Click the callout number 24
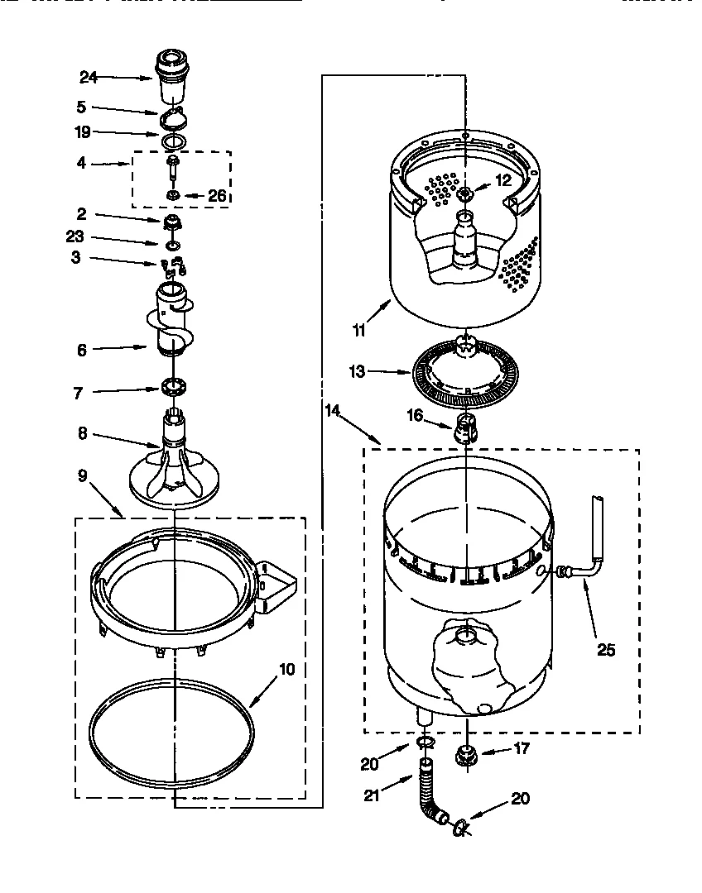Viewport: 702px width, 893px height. pyautogui.click(x=89, y=77)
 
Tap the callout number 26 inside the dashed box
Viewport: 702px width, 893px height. pyautogui.click(x=217, y=196)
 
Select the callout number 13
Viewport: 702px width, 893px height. pyautogui.click(x=357, y=372)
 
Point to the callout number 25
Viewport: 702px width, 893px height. pyautogui.click(x=606, y=650)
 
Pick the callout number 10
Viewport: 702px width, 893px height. pyautogui.click(x=286, y=669)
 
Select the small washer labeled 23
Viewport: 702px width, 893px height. pyautogui.click(x=172, y=246)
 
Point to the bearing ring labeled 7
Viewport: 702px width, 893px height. pyautogui.click(x=173, y=385)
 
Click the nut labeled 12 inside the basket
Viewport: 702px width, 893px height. pyautogui.click(x=465, y=194)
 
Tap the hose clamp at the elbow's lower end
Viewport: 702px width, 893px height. pyautogui.click(x=457, y=826)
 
